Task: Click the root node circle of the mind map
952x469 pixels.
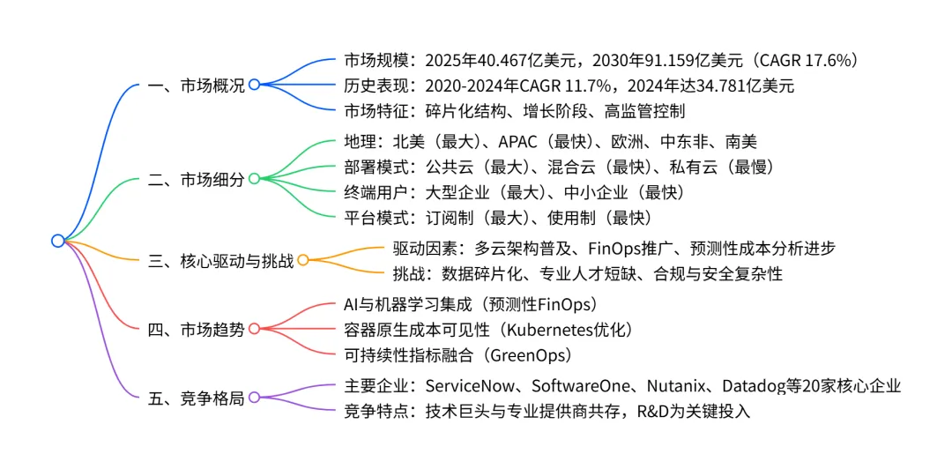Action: tap(58, 240)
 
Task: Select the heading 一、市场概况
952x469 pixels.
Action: tap(196, 86)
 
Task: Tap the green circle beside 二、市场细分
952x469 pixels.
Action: tap(254, 179)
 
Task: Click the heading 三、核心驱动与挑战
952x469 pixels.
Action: tap(220, 260)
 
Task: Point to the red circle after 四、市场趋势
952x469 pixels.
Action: tap(254, 329)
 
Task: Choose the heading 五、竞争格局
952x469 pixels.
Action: tap(196, 398)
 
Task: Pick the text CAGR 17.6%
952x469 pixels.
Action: tap(799, 61)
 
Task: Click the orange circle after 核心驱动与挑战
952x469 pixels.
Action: tap(302, 260)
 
